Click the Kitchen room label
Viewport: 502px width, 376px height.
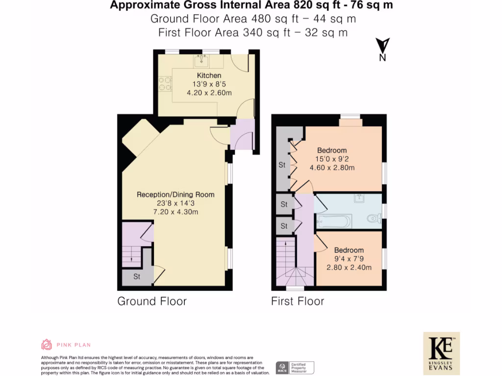pyautogui.click(x=209, y=75)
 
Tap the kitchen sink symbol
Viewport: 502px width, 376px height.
pyautogui.click(x=201, y=61)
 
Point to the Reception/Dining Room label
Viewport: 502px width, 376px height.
pyautogui.click(x=176, y=194)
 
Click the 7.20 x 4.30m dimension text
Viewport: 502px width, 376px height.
pyautogui.click(x=176, y=212)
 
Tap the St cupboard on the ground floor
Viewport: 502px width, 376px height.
pyautogui.click(x=137, y=277)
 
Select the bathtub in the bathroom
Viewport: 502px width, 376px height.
pyautogui.click(x=334, y=221)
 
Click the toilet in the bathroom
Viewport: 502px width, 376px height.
pyautogui.click(x=374, y=219)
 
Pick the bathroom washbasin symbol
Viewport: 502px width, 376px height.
pyautogui.click(x=360, y=198)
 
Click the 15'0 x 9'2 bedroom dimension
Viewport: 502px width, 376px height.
pyautogui.click(x=332, y=159)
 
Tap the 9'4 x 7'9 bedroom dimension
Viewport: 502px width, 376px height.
pyautogui.click(x=349, y=258)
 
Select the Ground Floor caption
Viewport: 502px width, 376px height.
pyautogui.click(x=152, y=301)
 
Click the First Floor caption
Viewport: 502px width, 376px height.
pyautogui.click(x=298, y=301)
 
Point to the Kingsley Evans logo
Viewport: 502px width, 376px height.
pyautogui.click(x=441, y=352)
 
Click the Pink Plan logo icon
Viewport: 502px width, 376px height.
pyautogui.click(x=47, y=345)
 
